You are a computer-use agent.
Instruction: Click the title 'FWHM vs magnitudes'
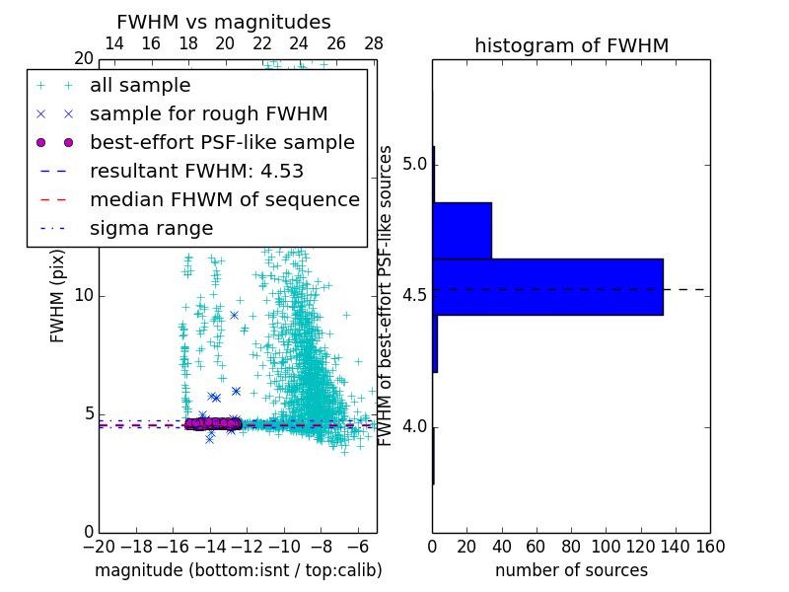click(224, 23)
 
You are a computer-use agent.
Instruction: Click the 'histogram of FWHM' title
click(571, 45)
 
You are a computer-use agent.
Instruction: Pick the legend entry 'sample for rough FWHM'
click(208, 113)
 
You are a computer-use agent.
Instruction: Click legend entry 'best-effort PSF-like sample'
click(222, 142)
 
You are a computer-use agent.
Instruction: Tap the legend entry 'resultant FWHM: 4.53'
click(196, 171)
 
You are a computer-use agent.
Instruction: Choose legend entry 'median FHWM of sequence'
click(224, 199)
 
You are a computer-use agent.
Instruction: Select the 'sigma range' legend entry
click(151, 228)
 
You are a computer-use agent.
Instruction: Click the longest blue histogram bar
click(547, 286)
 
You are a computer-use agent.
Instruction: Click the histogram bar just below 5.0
click(462, 230)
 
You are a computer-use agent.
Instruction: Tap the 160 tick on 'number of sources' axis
click(710, 545)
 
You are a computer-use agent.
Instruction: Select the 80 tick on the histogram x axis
click(571, 545)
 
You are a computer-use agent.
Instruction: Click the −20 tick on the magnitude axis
click(99, 545)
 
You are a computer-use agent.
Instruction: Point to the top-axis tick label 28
click(374, 43)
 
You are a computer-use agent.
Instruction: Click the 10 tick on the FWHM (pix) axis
click(84, 296)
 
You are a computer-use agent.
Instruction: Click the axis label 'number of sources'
click(571, 570)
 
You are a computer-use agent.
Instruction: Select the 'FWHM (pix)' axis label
click(58, 296)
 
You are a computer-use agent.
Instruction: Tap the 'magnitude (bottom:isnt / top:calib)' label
click(238, 570)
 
